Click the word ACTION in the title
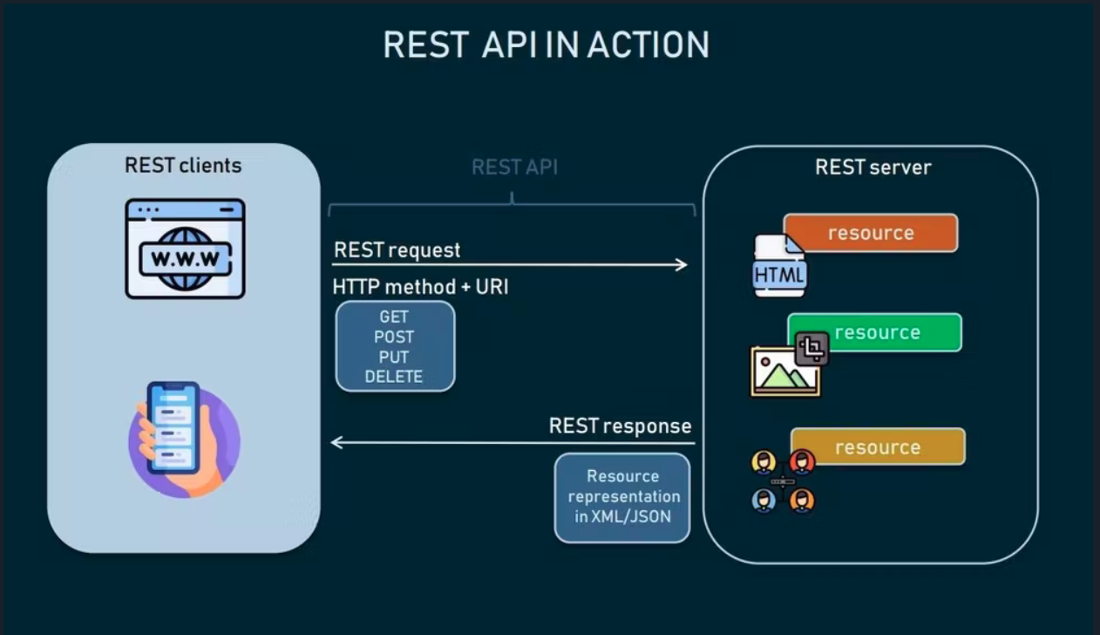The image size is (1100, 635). click(x=648, y=44)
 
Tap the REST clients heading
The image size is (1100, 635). click(x=183, y=165)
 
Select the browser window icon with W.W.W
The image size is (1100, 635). click(x=185, y=249)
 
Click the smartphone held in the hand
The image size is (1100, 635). click(x=173, y=428)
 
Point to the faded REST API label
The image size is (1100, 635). click(x=514, y=167)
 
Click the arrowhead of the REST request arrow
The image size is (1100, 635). click(x=682, y=265)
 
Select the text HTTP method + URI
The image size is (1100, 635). click(x=420, y=287)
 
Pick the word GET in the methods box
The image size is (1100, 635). click(x=394, y=317)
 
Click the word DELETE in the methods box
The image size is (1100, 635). click(x=394, y=377)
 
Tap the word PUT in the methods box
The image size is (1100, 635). click(x=394, y=358)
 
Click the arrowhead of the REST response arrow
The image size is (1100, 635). click(x=336, y=442)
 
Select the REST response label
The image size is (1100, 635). click(x=621, y=427)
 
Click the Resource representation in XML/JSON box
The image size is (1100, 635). click(x=622, y=497)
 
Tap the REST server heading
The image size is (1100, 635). click(x=873, y=167)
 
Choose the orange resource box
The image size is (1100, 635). click(x=871, y=233)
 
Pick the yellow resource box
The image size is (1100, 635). click(x=878, y=447)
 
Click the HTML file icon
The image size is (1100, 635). click(x=779, y=266)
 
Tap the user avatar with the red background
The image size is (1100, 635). click(x=802, y=462)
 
